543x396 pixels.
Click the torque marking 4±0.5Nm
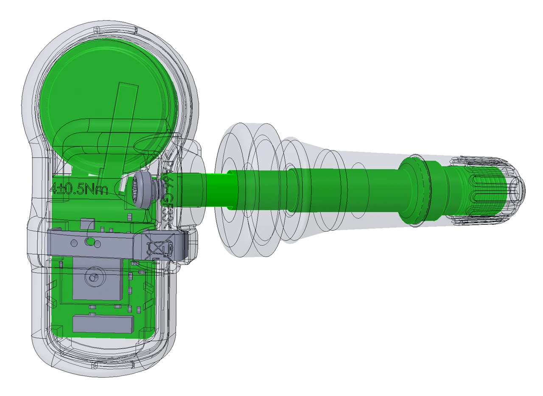pos(79,189)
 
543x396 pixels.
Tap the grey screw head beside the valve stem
pos(143,191)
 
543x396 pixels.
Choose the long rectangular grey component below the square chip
pos(104,323)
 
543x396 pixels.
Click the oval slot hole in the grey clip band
pos(90,242)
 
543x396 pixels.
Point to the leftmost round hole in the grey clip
pos(74,243)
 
